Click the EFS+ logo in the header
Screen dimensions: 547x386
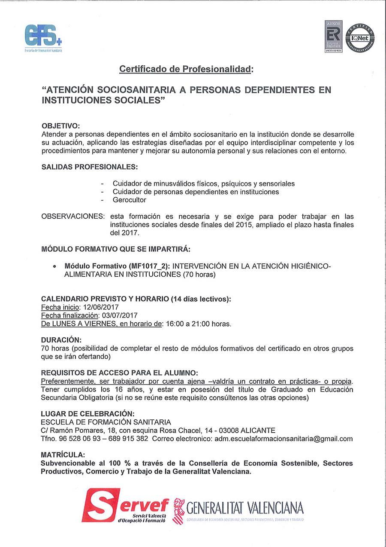[43, 38]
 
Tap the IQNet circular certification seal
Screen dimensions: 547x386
[360, 37]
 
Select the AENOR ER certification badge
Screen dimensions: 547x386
[333, 37]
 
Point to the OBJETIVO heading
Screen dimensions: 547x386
[60, 126]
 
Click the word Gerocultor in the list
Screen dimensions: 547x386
[130, 200]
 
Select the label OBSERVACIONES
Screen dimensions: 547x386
[72, 216]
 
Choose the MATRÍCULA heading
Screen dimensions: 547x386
[63, 455]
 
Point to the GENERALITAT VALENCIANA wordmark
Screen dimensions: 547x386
[245, 509]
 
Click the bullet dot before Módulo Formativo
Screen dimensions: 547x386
[54, 267]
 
